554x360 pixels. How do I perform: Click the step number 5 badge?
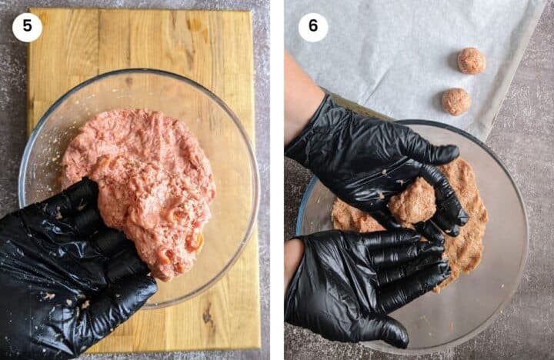(x=27, y=27)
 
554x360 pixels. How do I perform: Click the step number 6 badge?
(x=313, y=27)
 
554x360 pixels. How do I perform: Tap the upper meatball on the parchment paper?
(x=471, y=61)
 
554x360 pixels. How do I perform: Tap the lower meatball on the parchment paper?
(x=456, y=102)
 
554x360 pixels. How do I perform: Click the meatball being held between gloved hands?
(x=413, y=202)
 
